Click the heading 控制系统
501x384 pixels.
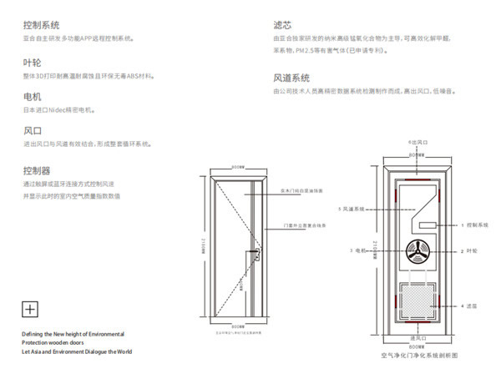click(41, 26)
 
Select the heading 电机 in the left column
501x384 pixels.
click(32, 97)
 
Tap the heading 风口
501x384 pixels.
click(32, 131)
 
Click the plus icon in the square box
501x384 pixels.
click(30, 309)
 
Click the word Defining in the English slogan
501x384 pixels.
click(35, 333)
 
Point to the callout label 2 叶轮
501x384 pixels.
click(471, 250)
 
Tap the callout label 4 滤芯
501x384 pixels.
click(471, 306)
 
